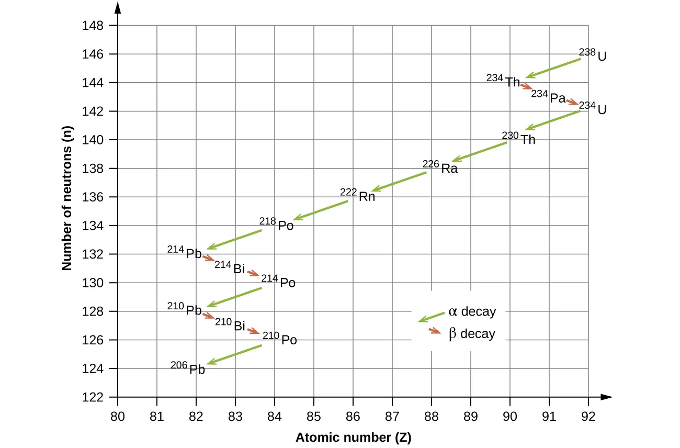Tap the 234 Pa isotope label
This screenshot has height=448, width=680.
(548, 97)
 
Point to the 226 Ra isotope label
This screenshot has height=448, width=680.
(440, 167)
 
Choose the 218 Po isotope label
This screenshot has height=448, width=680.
(277, 224)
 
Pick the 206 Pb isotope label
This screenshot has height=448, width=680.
(188, 368)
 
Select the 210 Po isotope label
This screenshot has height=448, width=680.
(280, 338)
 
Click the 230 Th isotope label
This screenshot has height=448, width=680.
(519, 138)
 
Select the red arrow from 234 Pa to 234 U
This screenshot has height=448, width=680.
(573, 102)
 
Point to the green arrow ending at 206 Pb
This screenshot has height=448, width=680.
(234, 354)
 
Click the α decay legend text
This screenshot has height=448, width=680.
(472, 312)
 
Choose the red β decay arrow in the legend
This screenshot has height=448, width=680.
(435, 331)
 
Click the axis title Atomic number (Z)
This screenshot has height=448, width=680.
(353, 438)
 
